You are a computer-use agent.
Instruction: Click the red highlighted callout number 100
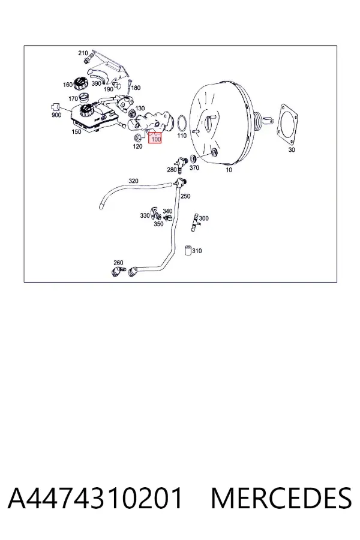coord(155,139)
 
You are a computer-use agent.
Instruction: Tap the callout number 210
coord(83,53)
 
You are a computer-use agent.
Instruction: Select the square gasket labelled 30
coord(289,123)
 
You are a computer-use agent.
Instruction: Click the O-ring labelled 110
coord(182,123)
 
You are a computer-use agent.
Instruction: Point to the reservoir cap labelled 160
coord(82,83)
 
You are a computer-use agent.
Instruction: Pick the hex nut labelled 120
coord(136,138)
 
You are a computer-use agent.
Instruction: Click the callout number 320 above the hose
coord(133,181)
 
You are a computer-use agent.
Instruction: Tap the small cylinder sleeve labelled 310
coord(188,250)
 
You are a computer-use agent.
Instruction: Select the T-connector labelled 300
coord(196,221)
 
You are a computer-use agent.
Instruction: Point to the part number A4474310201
coord(94,498)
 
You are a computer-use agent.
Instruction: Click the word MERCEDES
coord(281,498)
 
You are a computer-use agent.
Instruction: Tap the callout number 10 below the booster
coord(229,169)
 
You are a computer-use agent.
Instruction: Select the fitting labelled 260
coord(117,271)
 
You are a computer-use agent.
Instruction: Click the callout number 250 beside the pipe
coord(185,196)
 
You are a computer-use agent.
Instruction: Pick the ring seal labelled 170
coord(85,97)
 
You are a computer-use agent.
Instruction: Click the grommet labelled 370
coord(193,159)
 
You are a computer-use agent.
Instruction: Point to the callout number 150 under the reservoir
coord(76,131)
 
